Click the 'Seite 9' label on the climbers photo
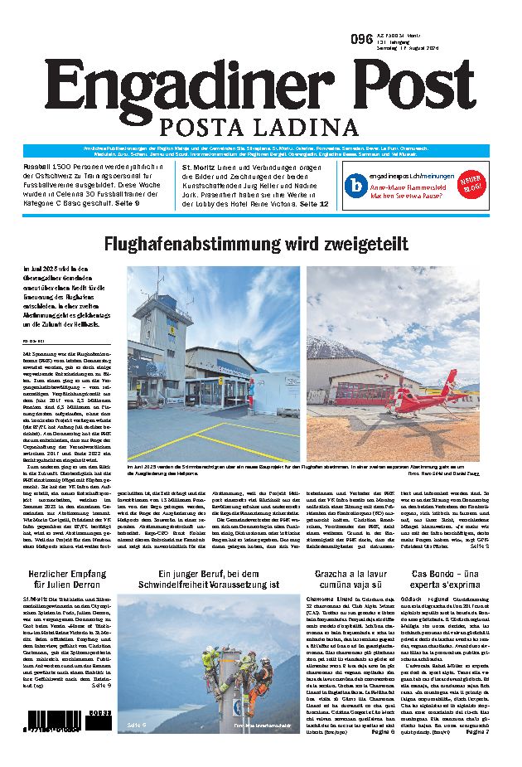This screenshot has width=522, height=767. (138, 724)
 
